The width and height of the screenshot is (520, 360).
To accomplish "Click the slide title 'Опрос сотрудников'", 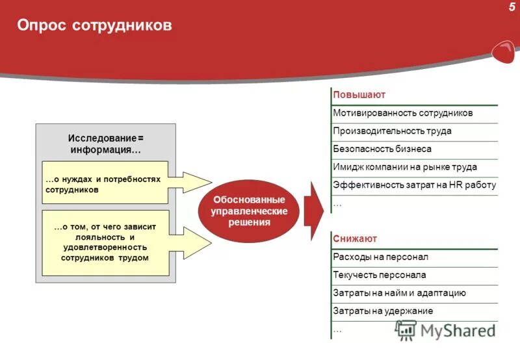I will pyautogui.click(x=94, y=25).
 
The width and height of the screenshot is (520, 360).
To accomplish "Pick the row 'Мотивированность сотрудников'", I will pyautogui.click(x=402, y=113).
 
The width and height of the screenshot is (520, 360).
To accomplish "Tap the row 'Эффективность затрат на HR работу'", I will pyautogui.click(x=414, y=185).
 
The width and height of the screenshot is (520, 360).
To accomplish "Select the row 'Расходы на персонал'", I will pyautogui.click(x=380, y=257).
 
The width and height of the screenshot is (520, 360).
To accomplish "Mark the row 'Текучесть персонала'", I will pyautogui.click(x=379, y=275).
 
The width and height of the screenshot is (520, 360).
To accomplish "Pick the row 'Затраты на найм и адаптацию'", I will pyautogui.click(x=399, y=293).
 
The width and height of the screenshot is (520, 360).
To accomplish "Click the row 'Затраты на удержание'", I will pyautogui.click(x=382, y=311).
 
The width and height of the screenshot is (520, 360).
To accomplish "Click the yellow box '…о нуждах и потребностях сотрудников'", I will pyautogui.click(x=104, y=184).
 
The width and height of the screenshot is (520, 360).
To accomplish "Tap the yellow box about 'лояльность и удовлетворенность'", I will pyautogui.click(x=104, y=242).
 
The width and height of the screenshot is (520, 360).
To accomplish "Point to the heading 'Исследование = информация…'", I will pyautogui.click(x=105, y=144).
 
